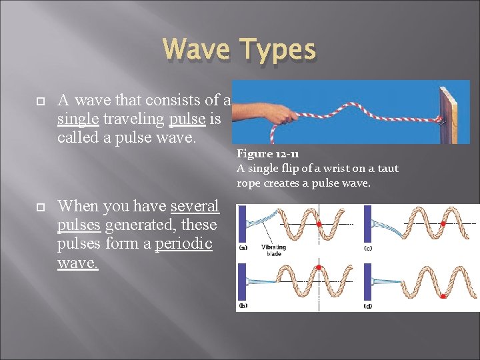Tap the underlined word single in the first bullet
(78, 119)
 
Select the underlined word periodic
(183, 244)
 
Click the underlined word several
(195, 207)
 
